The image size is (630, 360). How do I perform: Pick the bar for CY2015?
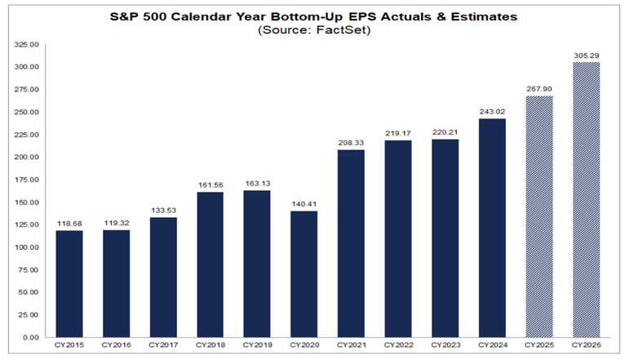tap(69, 283)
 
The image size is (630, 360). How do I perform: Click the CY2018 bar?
tap(211, 264)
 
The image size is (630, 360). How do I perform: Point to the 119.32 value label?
tap(116, 221)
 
